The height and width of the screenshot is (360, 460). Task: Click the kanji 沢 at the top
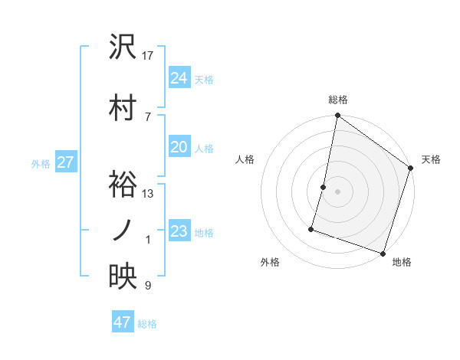coord(123,47)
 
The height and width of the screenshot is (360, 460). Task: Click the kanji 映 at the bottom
coord(123,277)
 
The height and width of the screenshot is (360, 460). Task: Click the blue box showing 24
coord(179,77)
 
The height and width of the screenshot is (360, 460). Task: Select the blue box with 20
coord(179,147)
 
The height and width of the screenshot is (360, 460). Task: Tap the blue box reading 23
coord(179,231)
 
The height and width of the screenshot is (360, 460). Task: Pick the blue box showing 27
coord(65,162)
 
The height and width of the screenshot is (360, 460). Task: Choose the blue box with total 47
coord(123,322)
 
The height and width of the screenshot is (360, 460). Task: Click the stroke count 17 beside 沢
coord(148,56)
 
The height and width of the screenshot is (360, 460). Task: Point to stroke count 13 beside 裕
coord(148,195)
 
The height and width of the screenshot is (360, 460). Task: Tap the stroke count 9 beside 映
coord(148,286)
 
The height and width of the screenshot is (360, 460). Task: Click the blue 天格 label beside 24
coord(204,79)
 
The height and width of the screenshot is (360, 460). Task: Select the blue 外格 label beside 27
coord(41,163)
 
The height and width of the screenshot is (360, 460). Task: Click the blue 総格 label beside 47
coord(147,324)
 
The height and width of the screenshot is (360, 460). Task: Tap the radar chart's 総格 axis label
coord(337,100)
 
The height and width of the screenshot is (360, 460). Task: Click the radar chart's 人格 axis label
coord(245,159)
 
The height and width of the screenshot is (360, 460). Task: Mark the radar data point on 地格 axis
coord(383,253)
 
